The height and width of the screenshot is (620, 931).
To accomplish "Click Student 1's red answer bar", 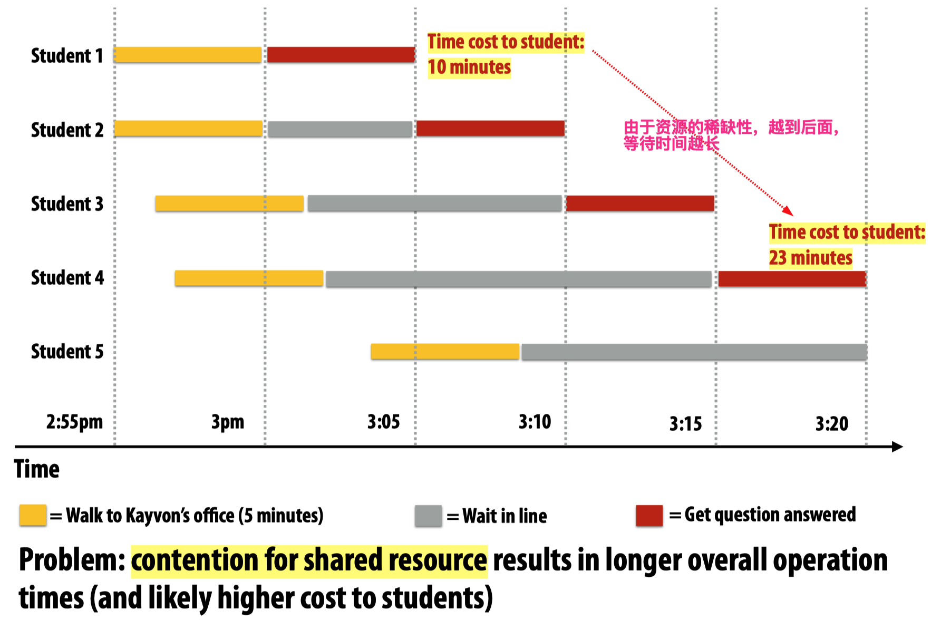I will point(341,55).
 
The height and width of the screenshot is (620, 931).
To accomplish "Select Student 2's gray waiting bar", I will point(340,129).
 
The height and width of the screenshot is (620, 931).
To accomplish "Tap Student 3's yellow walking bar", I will point(229,204).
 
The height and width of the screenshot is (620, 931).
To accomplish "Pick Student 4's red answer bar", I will point(792,279).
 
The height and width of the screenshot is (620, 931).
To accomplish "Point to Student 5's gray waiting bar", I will point(694,352).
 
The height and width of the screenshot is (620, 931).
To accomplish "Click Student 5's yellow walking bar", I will point(445,352).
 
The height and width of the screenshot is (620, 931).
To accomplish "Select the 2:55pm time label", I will point(74,422).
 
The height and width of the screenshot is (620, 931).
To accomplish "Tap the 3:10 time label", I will point(535,422).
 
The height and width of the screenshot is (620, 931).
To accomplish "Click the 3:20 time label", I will point(832,423).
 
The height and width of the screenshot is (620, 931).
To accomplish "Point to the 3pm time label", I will point(228,422).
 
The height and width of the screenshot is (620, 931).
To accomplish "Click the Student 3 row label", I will point(67,204).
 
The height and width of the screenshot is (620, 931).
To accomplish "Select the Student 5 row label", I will point(67,352).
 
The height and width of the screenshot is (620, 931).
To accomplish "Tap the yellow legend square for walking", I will point(33,515).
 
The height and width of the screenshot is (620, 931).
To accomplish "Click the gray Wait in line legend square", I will point(428,516).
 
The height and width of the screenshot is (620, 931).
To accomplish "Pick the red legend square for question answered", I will point(649,516).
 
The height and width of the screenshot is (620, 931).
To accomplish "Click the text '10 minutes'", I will point(469,67).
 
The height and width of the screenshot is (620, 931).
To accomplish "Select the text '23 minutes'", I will point(810,258).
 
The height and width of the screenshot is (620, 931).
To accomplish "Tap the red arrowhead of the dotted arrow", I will point(788,211).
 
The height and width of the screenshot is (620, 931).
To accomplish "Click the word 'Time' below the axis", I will point(37,469).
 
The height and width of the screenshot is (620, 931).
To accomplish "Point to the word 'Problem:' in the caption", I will point(72,560).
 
